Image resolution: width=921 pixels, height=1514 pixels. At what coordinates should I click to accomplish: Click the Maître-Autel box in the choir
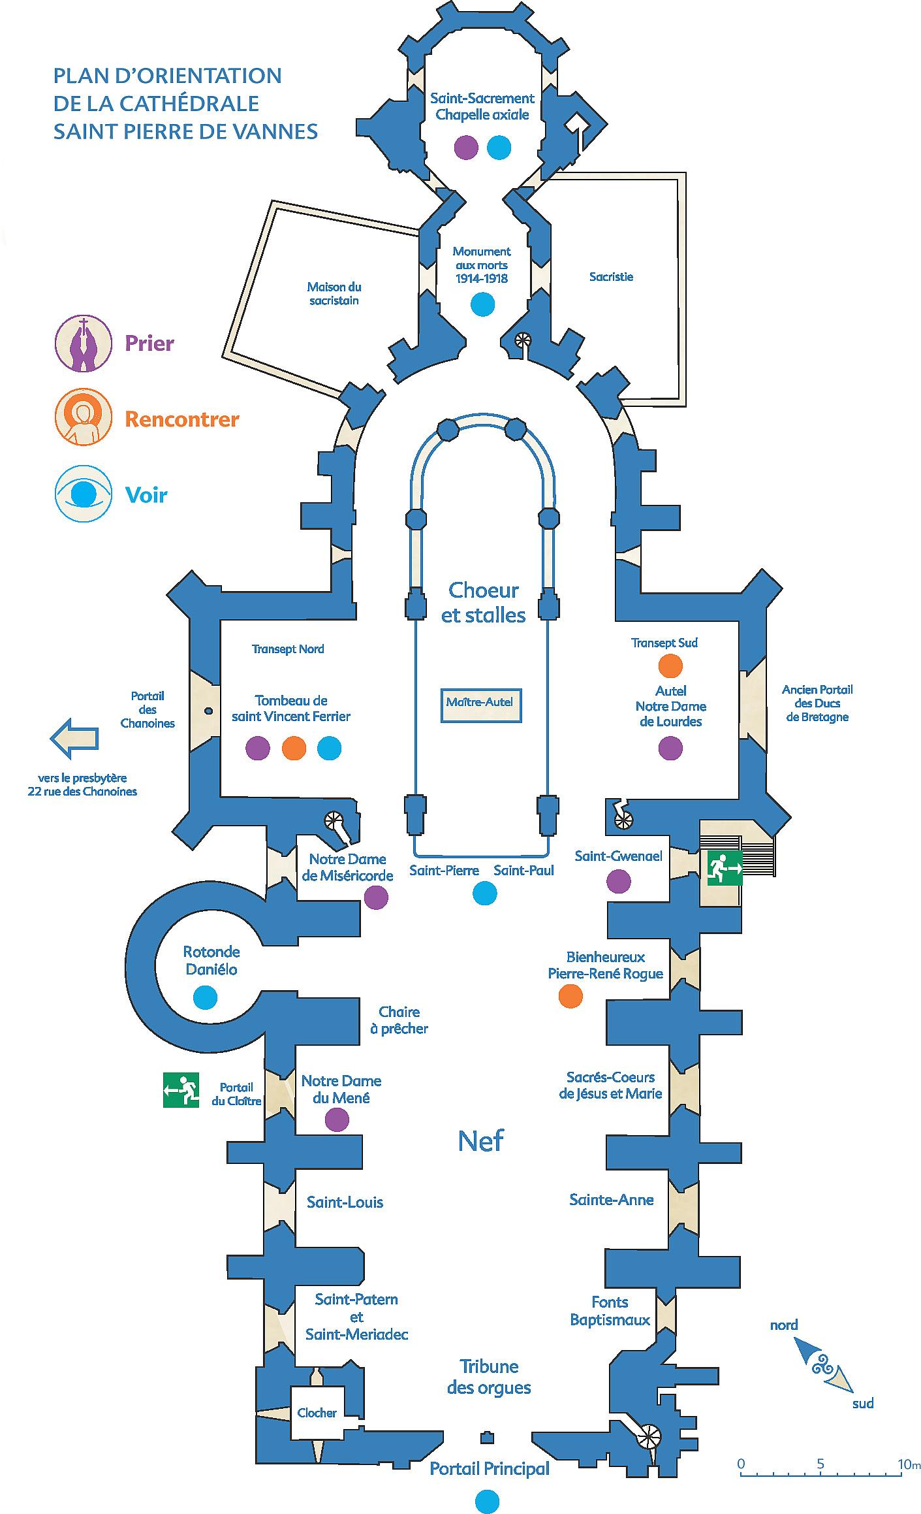tap(480, 704)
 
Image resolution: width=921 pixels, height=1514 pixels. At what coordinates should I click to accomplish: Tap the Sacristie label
tap(611, 277)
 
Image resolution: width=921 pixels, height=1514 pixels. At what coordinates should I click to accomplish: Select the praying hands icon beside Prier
tap(83, 343)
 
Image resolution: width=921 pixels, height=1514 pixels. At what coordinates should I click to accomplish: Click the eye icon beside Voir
tap(84, 494)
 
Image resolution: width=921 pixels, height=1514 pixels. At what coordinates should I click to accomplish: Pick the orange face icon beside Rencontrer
tap(83, 417)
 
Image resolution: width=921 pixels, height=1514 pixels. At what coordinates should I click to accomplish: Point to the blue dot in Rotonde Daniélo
tap(205, 997)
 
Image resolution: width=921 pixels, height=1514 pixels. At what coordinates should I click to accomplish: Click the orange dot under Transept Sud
tap(670, 666)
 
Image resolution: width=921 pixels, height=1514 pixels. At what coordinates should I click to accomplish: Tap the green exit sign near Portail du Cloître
tap(181, 1090)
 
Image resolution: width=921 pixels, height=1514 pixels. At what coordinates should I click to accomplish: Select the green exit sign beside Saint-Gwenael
tap(725, 868)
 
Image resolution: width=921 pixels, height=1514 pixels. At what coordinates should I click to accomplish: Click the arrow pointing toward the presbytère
tap(74, 738)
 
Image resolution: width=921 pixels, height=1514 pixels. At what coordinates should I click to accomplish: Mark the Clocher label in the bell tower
tap(317, 1413)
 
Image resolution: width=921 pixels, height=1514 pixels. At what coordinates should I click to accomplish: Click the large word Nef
tap(481, 1140)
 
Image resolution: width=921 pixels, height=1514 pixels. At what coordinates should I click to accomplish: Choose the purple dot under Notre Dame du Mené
tap(337, 1119)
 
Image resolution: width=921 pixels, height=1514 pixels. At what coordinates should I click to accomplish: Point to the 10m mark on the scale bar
tap(906, 1464)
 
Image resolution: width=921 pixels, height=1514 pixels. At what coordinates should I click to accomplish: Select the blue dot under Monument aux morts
tap(482, 304)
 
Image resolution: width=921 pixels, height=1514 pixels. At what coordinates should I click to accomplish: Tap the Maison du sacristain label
tap(334, 294)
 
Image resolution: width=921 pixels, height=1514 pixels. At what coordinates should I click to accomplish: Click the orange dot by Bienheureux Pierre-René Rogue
tap(570, 996)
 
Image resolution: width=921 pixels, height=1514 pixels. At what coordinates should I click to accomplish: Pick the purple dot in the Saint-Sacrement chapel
tap(465, 147)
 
